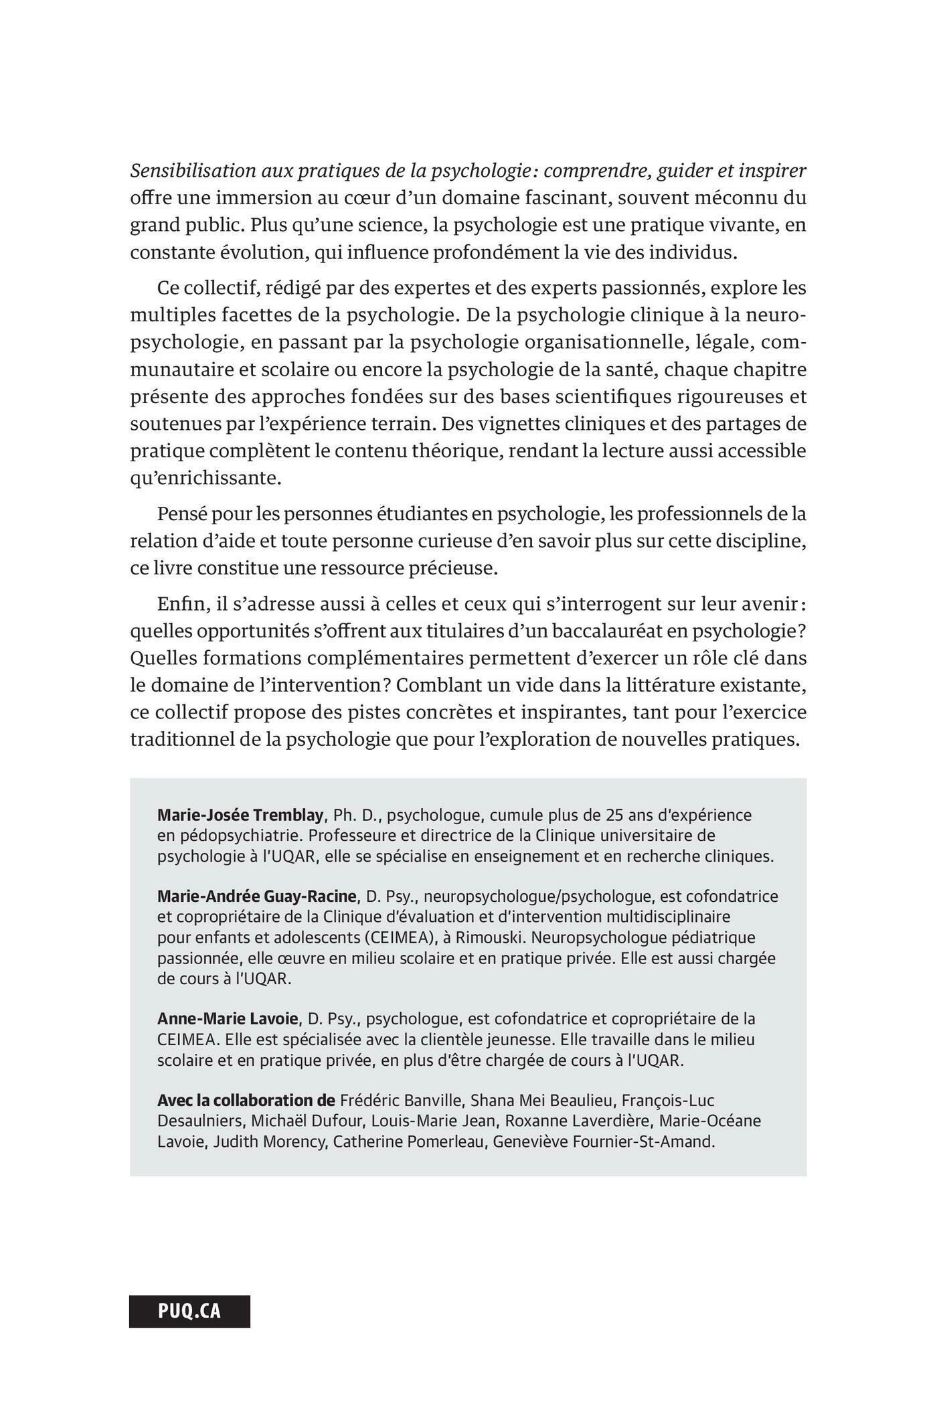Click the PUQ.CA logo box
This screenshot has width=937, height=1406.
tap(189, 1310)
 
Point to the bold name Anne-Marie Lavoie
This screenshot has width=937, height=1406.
tap(228, 1018)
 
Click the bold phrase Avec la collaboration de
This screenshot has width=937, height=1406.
tap(246, 1100)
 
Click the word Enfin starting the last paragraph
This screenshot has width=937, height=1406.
tap(179, 604)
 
